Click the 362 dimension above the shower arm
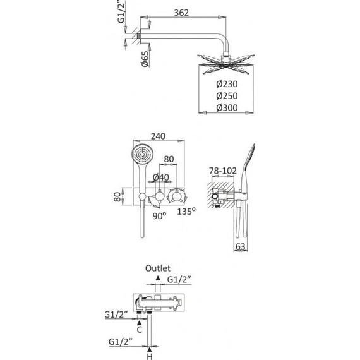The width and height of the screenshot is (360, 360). point(181,13)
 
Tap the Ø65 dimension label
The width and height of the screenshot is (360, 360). point(145,59)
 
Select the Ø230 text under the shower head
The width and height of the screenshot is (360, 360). point(227,84)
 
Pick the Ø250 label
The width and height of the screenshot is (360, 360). point(227,96)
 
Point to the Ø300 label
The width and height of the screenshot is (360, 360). point(227,108)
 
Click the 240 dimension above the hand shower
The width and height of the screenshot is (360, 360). point(158,136)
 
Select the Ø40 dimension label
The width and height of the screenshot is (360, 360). point(160,177)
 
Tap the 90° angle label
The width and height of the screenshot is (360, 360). point(159,216)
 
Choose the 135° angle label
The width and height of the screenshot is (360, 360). point(186,211)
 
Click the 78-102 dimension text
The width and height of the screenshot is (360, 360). point(223,171)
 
